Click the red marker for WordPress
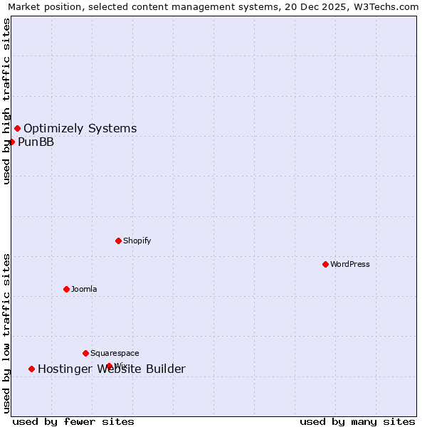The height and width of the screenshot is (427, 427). tap(325, 264)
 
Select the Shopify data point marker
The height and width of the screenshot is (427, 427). tap(118, 241)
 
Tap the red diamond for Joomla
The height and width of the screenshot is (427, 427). tap(66, 289)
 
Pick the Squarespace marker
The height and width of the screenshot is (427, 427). tap(85, 353)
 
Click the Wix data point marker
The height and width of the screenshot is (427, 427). tap(109, 366)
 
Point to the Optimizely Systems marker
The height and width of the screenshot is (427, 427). tap(17, 128)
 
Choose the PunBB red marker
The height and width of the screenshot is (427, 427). tap(12, 142)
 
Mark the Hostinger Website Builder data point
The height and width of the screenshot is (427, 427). tap(31, 369)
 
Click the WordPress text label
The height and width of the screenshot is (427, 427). tap(349, 264)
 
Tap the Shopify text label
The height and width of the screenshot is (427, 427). tap(137, 241)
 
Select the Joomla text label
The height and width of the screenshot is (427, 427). tap(84, 289)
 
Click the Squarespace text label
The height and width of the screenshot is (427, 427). tap(115, 353)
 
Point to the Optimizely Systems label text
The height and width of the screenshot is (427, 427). tap(80, 128)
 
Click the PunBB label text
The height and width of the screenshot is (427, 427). tap(36, 142)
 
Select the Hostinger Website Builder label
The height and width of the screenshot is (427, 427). tap(111, 369)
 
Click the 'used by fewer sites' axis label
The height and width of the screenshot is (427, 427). tap(73, 421)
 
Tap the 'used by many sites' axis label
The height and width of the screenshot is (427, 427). tap(357, 421)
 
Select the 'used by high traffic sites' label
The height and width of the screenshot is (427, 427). tap(6, 101)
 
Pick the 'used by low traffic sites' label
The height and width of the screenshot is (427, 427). tap(6, 332)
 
